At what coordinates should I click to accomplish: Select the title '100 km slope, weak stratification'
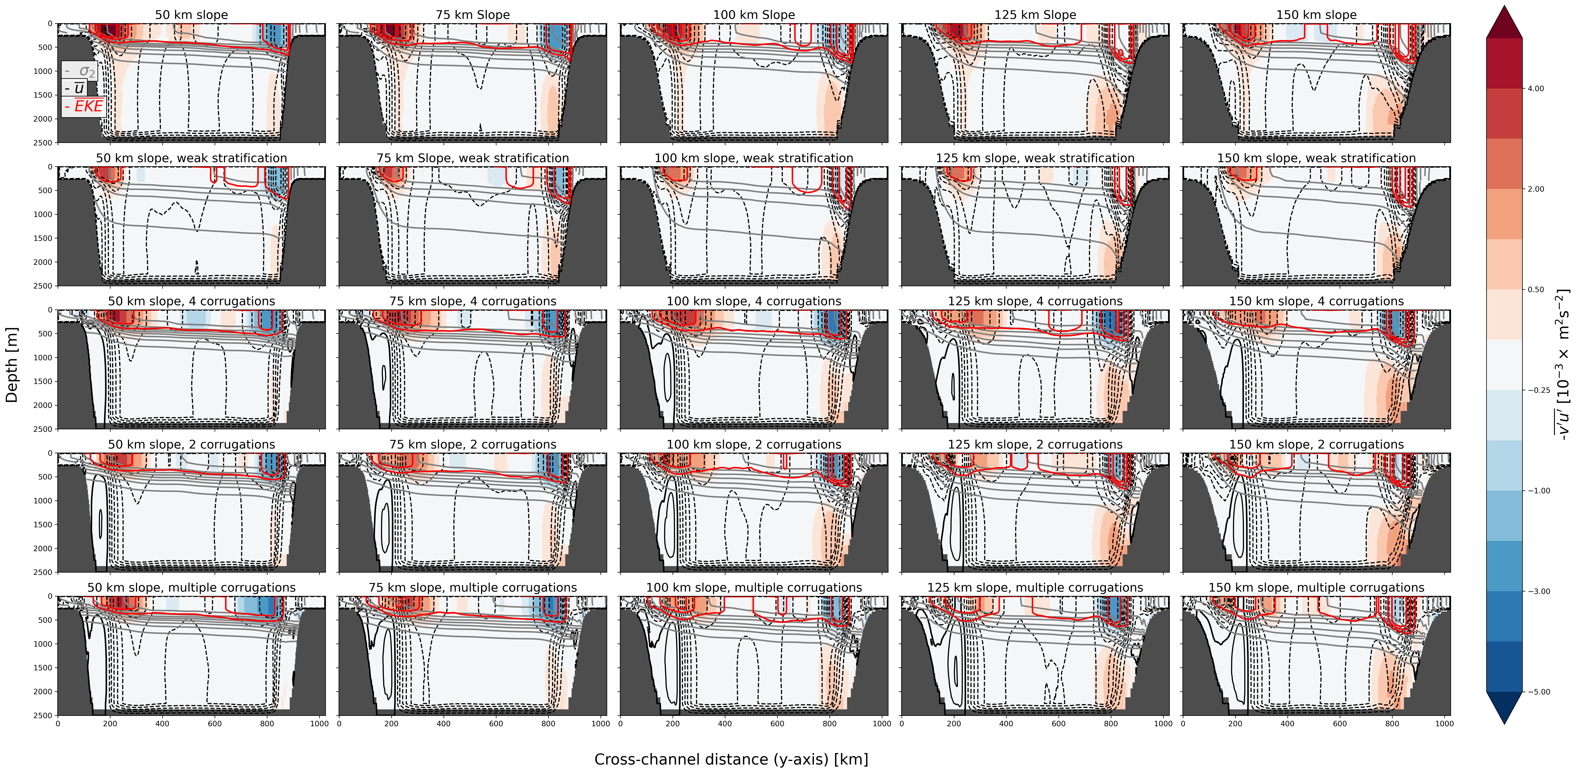coord(754,158)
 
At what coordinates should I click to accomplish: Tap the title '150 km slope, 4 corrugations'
coord(1316,301)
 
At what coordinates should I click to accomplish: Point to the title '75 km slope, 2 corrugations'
coord(473,445)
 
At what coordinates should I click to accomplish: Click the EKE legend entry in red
coord(84,107)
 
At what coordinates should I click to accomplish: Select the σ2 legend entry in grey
coord(80,71)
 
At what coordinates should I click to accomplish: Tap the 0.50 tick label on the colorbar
coord(1535,290)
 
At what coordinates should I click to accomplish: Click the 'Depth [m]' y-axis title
coord(11,365)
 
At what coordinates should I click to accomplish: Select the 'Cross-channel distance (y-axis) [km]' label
coord(731,760)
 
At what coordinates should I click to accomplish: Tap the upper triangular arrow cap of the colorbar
coord(1504,22)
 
